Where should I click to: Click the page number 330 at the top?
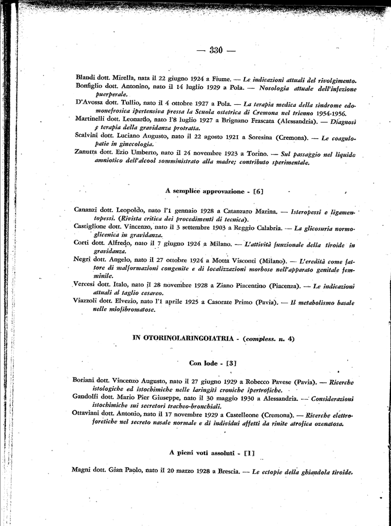coord(216,50)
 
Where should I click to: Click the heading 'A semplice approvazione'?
coord(204,191)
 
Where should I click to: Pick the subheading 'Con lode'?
coord(203,363)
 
